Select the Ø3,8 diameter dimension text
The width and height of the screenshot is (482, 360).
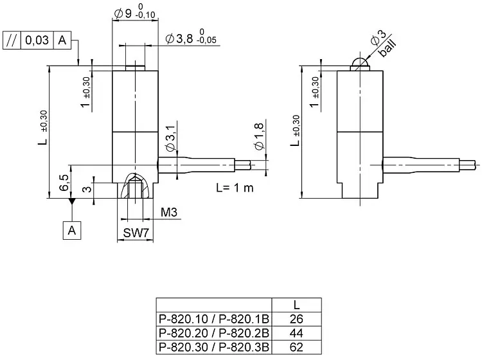180,38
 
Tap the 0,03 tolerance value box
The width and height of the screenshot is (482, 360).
36,39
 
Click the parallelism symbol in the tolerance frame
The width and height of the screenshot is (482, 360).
12,39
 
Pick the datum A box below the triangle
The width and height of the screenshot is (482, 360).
71,229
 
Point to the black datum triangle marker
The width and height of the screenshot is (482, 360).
71,202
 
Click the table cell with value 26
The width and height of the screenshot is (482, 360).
296,318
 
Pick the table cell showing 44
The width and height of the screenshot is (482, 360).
296,333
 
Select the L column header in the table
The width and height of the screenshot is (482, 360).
296,304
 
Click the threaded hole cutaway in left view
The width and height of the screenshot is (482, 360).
135,188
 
